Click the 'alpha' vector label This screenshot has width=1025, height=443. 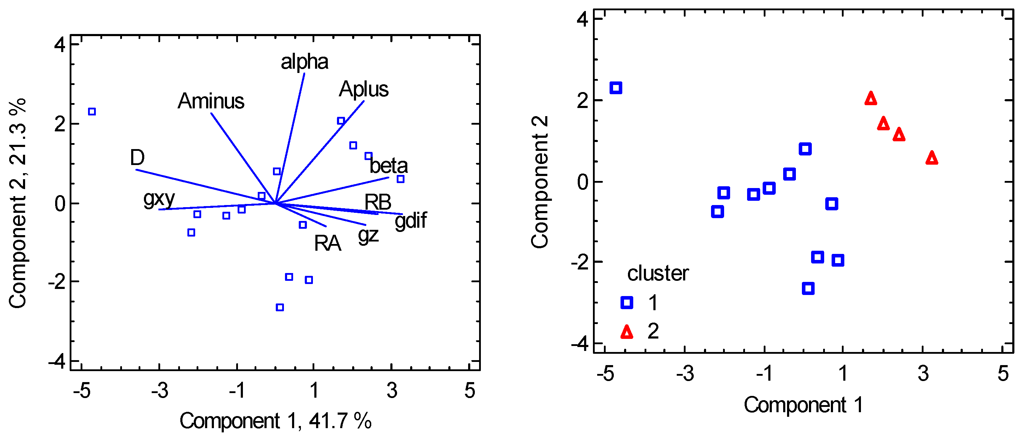pos(304,62)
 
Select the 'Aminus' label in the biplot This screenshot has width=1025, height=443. pos(211,101)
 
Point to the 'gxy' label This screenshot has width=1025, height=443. pos(159,198)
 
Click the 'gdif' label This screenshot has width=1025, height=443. pos(410,221)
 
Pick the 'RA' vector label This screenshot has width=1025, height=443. pos(327,243)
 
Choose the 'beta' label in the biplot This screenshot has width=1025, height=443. pos(389,166)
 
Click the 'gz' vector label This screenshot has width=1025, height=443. pos(368,235)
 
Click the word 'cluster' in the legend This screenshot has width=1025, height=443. pos(658,273)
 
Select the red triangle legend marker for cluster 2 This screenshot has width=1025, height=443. pos(627,332)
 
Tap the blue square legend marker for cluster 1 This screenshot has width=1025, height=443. pos(627,302)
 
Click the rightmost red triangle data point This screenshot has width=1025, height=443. pos(932,158)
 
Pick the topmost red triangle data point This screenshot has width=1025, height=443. pos(870,98)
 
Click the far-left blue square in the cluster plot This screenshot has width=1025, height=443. pos(616,88)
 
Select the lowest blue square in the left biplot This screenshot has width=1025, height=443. pos(280,307)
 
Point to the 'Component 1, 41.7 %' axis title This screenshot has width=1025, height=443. pos(275,421)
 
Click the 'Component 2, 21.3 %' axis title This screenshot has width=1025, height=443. pos(18,203)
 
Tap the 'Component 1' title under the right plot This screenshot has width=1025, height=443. pos(803,405)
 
